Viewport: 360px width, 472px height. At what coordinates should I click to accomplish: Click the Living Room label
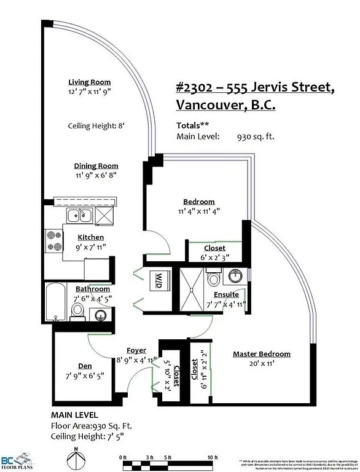pyautogui.click(x=90, y=82)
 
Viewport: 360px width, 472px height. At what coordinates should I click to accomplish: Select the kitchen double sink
pyautogui.click(x=80, y=215)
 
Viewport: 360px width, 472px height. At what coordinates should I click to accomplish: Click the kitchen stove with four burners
pyautogui.click(x=54, y=239)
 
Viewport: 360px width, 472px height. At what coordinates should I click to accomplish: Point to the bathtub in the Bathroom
pyautogui.click(x=54, y=301)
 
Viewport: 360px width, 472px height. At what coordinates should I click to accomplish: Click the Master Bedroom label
pyautogui.click(x=261, y=354)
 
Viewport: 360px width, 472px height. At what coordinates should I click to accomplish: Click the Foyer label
pyautogui.click(x=136, y=350)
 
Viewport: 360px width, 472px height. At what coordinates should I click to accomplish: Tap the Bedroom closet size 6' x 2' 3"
pyautogui.click(x=214, y=258)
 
